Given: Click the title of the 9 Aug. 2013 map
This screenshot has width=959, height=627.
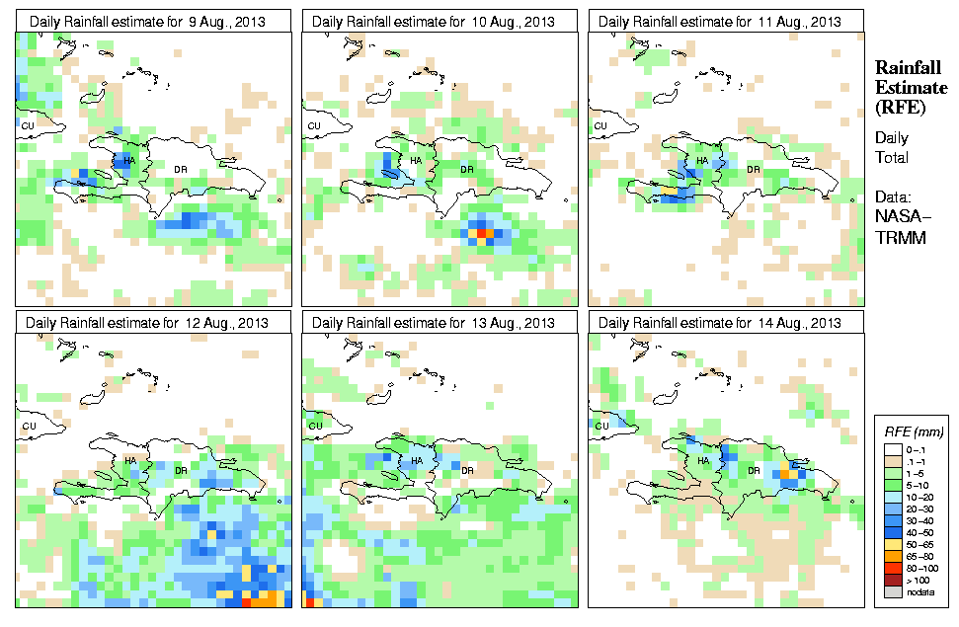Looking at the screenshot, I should [153, 21].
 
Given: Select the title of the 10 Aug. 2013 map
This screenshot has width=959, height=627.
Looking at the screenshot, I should [440, 21].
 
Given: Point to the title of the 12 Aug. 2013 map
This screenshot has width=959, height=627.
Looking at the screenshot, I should [153, 322].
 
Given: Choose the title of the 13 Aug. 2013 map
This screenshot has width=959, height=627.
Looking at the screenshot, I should [440, 322].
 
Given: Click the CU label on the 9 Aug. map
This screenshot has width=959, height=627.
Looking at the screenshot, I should [28, 125].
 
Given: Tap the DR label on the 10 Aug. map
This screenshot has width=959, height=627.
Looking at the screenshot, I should [466, 169].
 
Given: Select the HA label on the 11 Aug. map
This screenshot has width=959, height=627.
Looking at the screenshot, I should [702, 161].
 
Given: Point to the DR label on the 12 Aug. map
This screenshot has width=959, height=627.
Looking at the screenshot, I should [181, 470].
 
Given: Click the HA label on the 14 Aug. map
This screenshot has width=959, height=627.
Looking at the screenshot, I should [703, 460].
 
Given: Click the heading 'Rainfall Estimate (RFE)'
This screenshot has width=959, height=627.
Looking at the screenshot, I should [910, 88].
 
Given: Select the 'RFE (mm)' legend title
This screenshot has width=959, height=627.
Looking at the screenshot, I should [914, 431].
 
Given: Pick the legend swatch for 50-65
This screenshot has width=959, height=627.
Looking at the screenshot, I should [894, 544].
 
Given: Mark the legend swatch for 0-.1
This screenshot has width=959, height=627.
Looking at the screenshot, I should [894, 449].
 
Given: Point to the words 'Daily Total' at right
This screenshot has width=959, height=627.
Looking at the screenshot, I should [892, 148].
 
